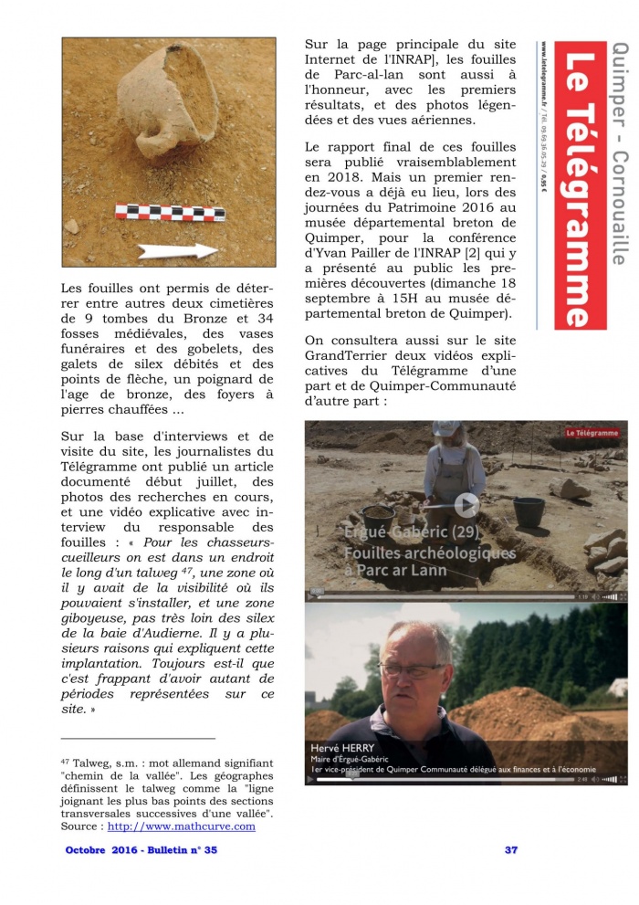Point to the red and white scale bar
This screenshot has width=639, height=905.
(170, 212)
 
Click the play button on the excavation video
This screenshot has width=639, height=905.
(466, 504)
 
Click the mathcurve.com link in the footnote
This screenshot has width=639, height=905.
(181, 826)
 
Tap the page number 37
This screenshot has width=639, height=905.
(511, 850)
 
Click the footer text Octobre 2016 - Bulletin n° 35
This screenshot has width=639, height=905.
(141, 850)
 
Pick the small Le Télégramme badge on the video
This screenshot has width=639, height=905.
(592, 432)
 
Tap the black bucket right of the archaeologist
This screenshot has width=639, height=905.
(528, 511)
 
